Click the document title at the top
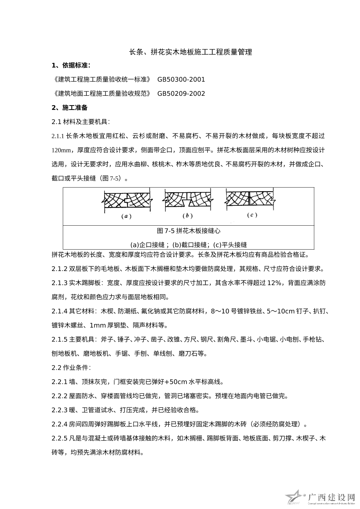(191, 52)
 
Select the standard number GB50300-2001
(181, 79)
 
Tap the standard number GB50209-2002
(181, 94)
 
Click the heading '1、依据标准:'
(71, 66)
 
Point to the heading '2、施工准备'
(70, 108)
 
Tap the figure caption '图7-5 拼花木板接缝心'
(189, 231)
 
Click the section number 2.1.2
(60, 269)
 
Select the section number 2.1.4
(60, 311)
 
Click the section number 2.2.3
(60, 410)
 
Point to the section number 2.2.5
(60, 439)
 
